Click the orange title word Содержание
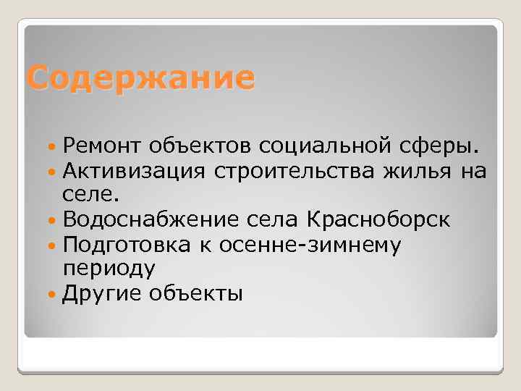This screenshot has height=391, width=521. pos(140,77)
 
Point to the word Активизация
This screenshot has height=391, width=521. pos(132,172)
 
